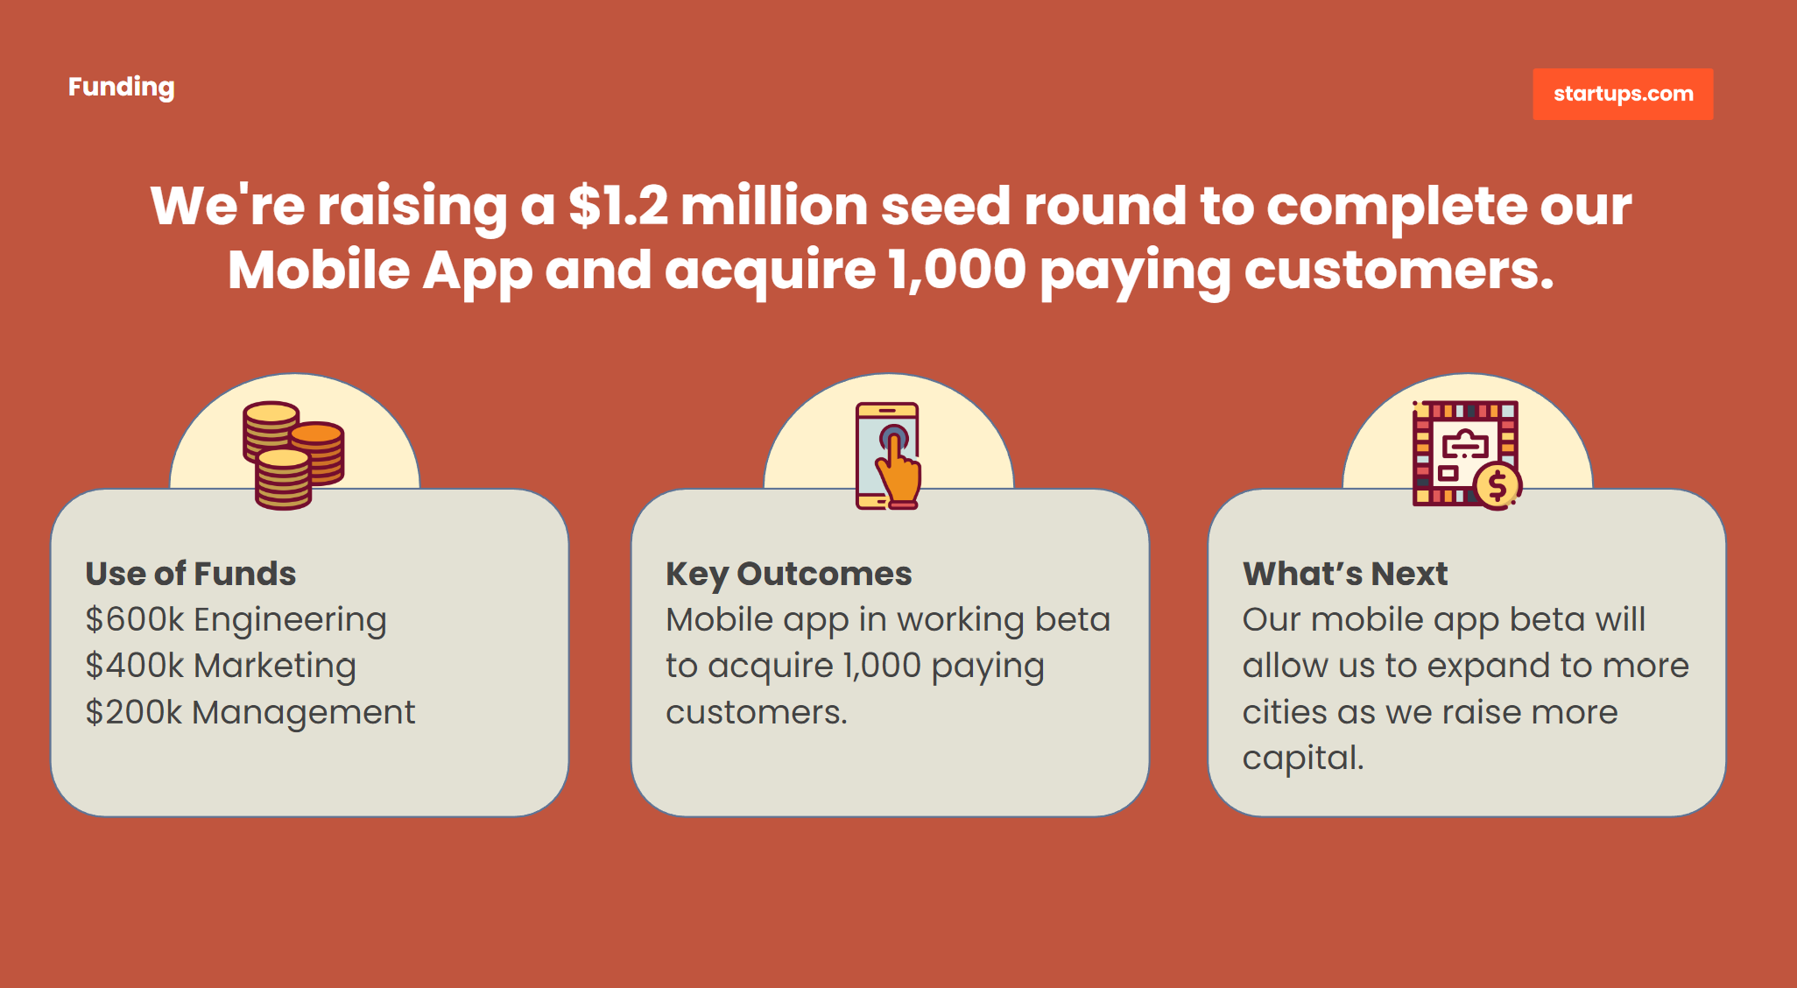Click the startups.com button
[1623, 94]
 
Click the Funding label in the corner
[122, 88]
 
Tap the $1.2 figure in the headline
[618, 207]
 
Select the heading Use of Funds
[191, 574]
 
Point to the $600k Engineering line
[236, 620]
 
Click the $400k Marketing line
[221, 667]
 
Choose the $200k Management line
[250, 713]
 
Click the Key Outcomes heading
[789, 575]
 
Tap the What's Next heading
[1345, 574]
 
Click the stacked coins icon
[293, 455]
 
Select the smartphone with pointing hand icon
[888, 455]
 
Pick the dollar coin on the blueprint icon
[1497, 485]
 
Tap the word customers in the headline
[1399, 270]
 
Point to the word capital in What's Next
[1303, 759]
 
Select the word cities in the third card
[1285, 712]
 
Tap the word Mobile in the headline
[319, 270]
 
